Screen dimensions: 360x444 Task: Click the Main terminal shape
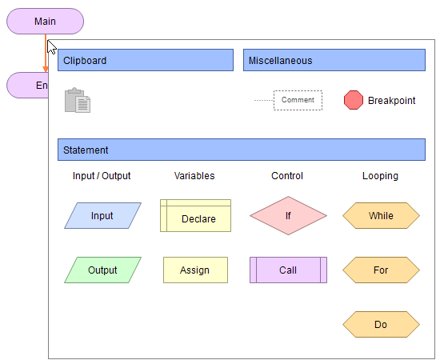45,21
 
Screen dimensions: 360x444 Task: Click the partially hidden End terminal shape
27,85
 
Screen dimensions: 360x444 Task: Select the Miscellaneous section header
334,60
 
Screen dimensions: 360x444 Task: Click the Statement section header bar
241,150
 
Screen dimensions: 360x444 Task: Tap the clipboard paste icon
78,100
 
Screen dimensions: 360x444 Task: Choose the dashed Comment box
298,100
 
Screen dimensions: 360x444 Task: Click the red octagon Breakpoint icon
353,100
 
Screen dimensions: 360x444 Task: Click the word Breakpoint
391,101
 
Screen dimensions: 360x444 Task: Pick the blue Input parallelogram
102,215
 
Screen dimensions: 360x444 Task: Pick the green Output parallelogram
102,270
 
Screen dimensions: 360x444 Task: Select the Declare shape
195,216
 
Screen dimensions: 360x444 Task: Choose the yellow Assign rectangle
195,270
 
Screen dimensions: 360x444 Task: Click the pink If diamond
288,215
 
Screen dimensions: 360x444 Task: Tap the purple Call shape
288,270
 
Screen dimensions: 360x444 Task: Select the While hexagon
381,215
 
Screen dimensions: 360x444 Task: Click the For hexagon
381,270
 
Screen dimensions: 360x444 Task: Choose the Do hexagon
381,324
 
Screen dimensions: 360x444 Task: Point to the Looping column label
380,176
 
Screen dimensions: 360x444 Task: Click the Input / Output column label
102,176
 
